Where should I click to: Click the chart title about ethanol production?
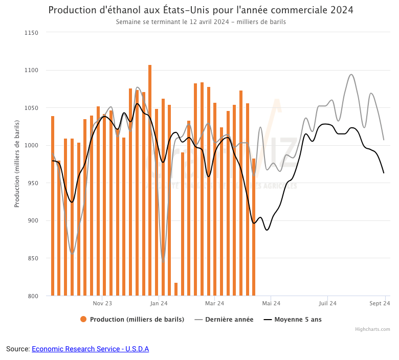[x=201, y=10]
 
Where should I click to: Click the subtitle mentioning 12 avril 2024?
[x=201, y=22]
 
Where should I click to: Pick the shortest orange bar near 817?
[x=176, y=289]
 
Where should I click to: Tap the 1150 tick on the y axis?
[x=32, y=33]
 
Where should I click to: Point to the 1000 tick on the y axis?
[x=32, y=146]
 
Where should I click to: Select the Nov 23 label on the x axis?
[x=102, y=303]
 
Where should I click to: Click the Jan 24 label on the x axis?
[x=159, y=303]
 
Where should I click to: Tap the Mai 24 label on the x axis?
[x=271, y=303]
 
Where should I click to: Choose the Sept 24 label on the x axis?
[x=381, y=303]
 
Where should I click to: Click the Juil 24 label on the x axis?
[x=327, y=303]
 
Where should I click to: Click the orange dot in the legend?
[x=83, y=320]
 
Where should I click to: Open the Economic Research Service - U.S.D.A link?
[x=90, y=349]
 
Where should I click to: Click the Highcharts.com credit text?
[x=372, y=329]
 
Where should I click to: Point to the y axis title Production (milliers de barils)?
[x=17, y=164]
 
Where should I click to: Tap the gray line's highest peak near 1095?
[x=351, y=75]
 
